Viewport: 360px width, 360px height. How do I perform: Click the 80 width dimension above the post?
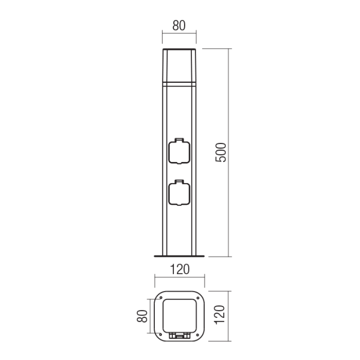tap(179, 26)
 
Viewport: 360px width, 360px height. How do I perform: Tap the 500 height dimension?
tap(221, 153)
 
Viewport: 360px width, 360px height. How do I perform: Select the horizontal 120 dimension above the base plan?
tap(180, 269)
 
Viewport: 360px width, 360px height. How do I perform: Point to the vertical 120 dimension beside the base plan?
tap(220, 315)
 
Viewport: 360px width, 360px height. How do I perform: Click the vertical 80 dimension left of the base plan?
tap(142, 316)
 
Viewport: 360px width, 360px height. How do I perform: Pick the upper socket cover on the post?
tap(179, 151)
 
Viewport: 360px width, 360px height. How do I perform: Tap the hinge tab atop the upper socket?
tap(179, 140)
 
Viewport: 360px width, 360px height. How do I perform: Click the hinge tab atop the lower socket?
tap(179, 182)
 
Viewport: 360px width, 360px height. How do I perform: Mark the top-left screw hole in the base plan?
tap(161, 298)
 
